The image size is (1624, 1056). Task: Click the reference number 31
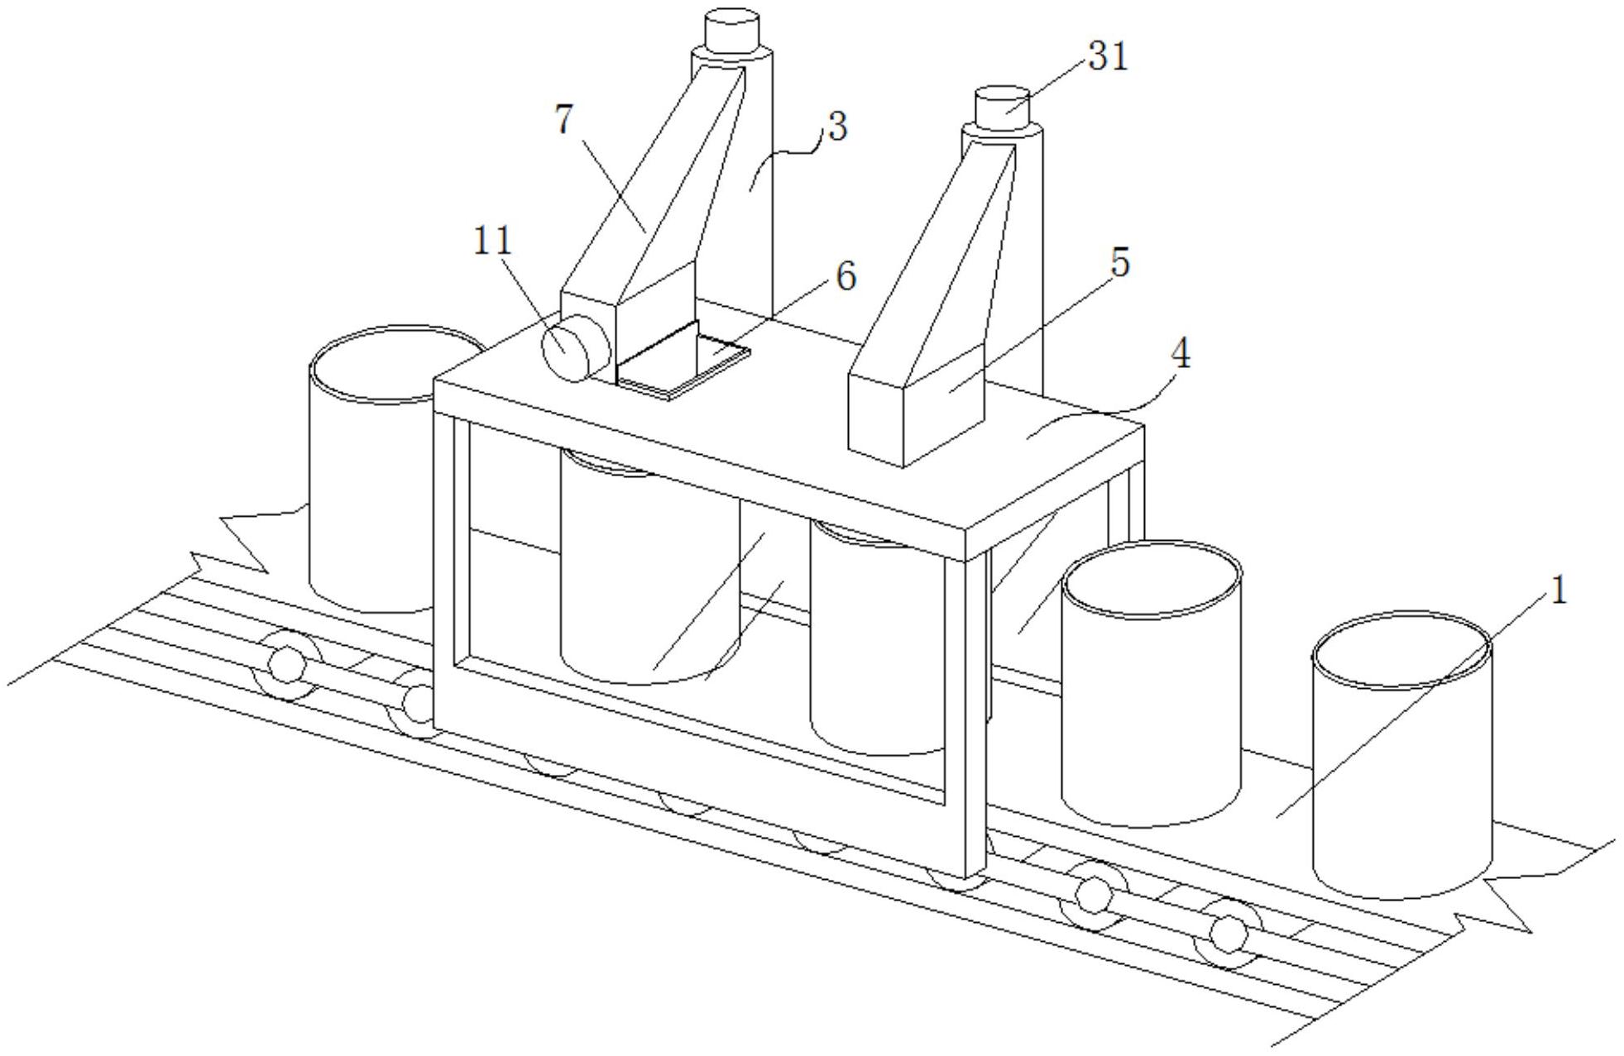[1108, 56]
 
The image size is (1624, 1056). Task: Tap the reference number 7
[564, 120]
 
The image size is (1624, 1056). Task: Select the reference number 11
[493, 241]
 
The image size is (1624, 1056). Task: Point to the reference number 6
[845, 275]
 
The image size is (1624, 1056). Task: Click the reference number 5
[1119, 262]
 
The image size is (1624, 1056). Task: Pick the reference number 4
[1181, 354]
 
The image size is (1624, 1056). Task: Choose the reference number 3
[837, 127]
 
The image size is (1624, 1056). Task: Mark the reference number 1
[1557, 591]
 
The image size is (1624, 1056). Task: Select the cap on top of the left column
[731, 29]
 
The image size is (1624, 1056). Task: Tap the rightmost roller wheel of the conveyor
[1228, 933]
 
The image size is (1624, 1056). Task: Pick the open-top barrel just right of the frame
[1151, 686]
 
